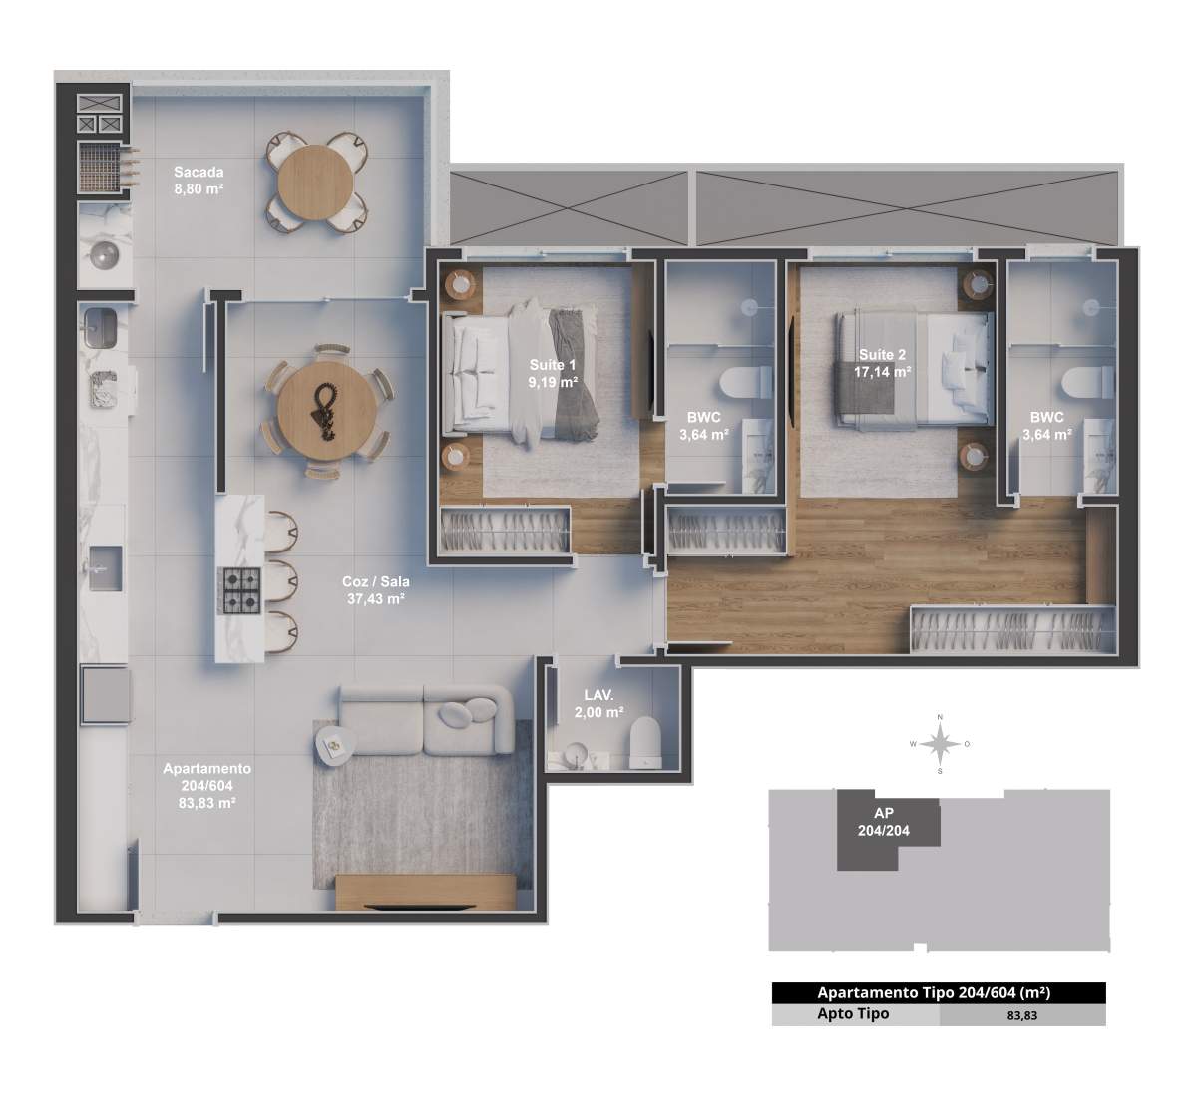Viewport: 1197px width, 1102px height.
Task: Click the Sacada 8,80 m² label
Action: point(199,181)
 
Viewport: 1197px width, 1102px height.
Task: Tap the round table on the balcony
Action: point(315,182)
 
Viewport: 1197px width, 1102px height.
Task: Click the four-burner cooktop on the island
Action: point(242,590)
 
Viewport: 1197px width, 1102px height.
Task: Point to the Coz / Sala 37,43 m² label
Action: point(376,590)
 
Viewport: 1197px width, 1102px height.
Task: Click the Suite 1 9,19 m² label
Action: point(553,374)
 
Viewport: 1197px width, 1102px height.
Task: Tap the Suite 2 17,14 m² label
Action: point(882,363)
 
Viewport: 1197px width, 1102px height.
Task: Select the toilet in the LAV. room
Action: point(646,742)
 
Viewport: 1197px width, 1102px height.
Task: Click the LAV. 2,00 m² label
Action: point(599,703)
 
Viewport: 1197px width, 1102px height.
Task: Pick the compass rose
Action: point(940,744)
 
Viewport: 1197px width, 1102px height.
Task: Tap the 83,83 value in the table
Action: point(1022,1015)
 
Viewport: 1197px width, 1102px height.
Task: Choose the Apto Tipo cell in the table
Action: point(853,1013)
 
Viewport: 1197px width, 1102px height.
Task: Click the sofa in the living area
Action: point(426,720)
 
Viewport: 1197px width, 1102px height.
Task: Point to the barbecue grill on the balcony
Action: point(100,168)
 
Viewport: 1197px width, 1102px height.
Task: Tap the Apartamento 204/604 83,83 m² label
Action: point(207,785)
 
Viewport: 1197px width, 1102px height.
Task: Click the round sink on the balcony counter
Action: point(105,255)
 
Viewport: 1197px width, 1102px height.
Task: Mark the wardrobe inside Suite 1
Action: point(505,530)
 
